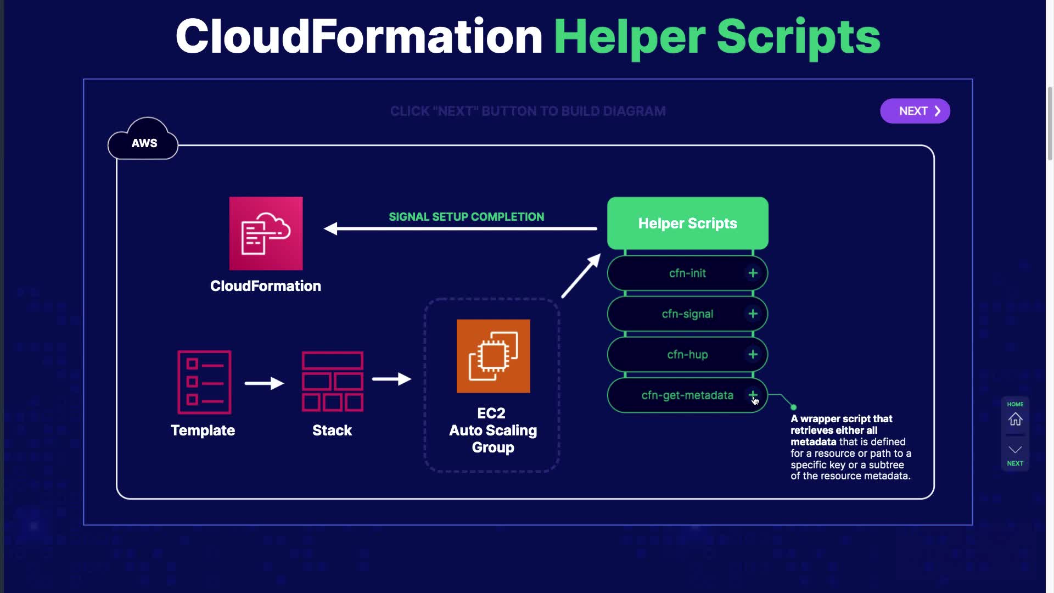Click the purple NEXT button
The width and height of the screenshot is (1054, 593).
pyautogui.click(x=915, y=111)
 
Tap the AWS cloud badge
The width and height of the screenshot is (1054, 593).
pyautogui.click(x=144, y=142)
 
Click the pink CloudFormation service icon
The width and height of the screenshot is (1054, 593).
pyautogui.click(x=266, y=233)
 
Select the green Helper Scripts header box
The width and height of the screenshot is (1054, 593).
pyautogui.click(x=687, y=223)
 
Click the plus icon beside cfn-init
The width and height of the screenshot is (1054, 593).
pyautogui.click(x=753, y=273)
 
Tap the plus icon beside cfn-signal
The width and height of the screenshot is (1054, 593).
pyautogui.click(x=753, y=314)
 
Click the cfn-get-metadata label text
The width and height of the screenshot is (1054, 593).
pyautogui.click(x=687, y=395)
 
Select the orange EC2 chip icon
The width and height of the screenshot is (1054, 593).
pyautogui.click(x=493, y=356)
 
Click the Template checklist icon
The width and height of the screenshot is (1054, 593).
pyautogui.click(x=204, y=382)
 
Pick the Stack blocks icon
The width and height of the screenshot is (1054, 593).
pyautogui.click(x=332, y=382)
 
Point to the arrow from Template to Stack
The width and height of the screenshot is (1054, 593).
pyautogui.click(x=264, y=383)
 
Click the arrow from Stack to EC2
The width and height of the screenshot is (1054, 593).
pyautogui.click(x=391, y=379)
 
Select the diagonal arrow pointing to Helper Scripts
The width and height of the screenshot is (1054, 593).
pyautogui.click(x=581, y=276)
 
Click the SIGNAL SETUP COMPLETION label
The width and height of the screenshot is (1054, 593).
pyautogui.click(x=466, y=217)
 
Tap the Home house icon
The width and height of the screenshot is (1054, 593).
pyautogui.click(x=1015, y=419)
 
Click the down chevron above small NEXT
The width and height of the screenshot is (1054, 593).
pyautogui.click(x=1015, y=449)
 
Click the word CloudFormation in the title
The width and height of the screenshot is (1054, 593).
pyautogui.click(x=359, y=37)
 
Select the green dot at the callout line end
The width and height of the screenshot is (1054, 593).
pyautogui.click(x=793, y=407)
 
